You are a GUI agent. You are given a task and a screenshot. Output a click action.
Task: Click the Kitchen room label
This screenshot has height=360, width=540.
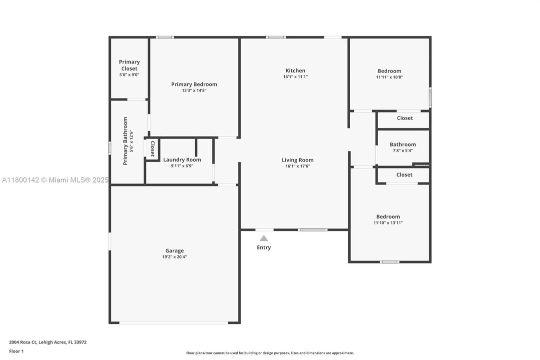tap(295, 70)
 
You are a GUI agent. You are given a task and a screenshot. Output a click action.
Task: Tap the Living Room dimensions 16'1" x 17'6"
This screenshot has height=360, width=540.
tap(298, 166)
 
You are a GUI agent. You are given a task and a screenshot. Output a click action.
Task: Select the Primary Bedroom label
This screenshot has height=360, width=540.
tap(194, 84)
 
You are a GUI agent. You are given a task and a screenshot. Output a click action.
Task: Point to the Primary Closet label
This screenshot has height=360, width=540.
tap(129, 65)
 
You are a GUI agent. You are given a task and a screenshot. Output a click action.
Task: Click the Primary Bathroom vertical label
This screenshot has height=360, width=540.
tap(125, 141)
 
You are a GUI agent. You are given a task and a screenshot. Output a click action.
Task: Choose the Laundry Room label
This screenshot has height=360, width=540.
tap(182, 160)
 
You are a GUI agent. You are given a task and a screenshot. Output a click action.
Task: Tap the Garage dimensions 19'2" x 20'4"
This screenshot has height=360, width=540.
tap(175, 257)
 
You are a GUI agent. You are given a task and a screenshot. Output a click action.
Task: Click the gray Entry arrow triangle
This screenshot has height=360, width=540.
tap(264, 238)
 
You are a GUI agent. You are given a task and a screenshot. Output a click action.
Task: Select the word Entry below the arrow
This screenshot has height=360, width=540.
tap(264, 247)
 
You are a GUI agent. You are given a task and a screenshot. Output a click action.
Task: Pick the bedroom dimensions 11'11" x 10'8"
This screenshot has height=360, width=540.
tap(389, 77)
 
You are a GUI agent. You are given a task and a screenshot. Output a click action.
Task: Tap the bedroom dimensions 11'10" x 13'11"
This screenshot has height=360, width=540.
tap(388, 223)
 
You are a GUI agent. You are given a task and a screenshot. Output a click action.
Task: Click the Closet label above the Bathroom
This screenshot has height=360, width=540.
tap(405, 118)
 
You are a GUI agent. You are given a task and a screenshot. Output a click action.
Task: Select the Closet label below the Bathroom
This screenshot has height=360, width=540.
tap(404, 175)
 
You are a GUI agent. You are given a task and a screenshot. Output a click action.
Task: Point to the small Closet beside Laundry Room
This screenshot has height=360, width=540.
tap(152, 149)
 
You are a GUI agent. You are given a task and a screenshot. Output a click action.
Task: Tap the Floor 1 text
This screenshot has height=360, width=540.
tap(16, 351)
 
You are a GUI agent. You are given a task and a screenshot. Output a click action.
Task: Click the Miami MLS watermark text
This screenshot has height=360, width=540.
tap(55, 180)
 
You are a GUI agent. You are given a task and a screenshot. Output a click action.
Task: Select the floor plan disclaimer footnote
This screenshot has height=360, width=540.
tap(270, 353)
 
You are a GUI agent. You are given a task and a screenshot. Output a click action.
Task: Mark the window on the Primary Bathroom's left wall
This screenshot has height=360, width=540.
tap(110, 148)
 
